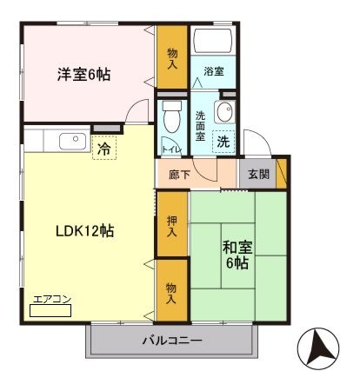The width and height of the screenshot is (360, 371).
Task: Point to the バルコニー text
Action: coord(172,340)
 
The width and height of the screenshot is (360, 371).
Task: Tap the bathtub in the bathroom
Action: coord(214,43)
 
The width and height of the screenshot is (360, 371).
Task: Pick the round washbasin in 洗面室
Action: coord(225,110)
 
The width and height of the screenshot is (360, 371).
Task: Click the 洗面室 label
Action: coord(201,126)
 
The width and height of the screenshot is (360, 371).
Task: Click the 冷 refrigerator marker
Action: coord(103,149)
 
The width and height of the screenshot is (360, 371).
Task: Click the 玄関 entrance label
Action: coord(258,174)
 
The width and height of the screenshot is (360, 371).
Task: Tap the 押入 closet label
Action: coord(171,226)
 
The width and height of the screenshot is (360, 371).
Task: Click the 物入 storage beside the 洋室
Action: coord(171,57)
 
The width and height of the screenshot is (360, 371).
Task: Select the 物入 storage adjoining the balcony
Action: coord(171,293)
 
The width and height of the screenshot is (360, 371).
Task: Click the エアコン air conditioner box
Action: coord(49,308)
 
